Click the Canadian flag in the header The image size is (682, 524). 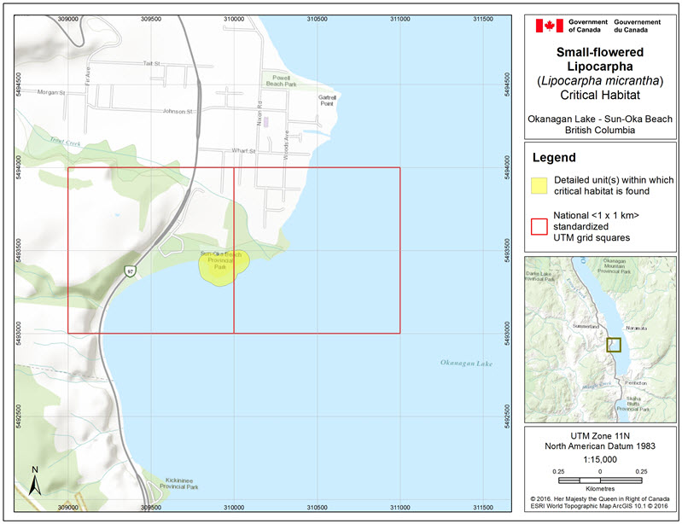(x=549, y=26)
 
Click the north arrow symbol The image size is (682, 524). (x=33, y=481)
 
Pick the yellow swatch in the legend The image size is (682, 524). (x=539, y=186)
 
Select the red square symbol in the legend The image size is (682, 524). (x=539, y=227)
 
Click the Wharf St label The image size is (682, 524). (x=243, y=151)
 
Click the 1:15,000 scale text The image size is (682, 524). (x=600, y=458)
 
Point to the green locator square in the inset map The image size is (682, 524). (x=613, y=345)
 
